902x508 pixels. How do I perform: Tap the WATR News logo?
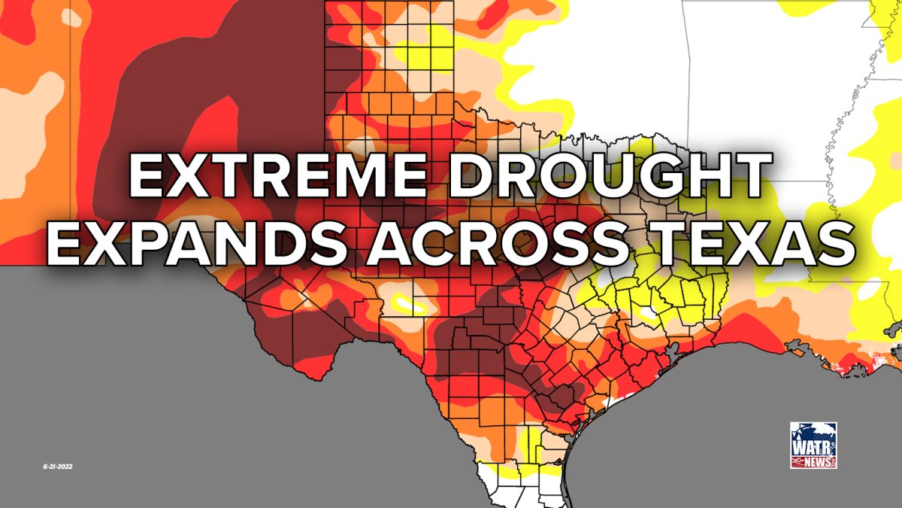pyautogui.click(x=813, y=446)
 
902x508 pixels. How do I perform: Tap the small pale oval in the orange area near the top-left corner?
pyautogui.click(x=72, y=17)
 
